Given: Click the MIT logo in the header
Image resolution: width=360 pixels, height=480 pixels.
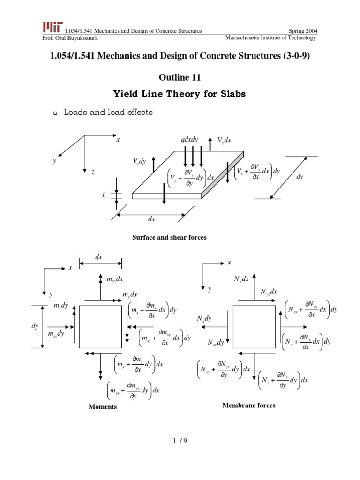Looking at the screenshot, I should (52, 27).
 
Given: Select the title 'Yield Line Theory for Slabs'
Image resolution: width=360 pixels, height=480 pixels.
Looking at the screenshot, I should (180, 94).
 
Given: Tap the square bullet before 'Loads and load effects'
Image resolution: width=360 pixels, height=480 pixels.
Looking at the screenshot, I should (55, 113).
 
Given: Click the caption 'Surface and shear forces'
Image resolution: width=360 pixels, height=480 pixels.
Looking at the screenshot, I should (170, 238).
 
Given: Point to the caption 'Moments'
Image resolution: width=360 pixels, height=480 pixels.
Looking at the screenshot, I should (103, 407).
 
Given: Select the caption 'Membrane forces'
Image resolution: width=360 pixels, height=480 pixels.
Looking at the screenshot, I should (249, 405).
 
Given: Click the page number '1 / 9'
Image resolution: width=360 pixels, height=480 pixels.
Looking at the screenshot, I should (180, 441).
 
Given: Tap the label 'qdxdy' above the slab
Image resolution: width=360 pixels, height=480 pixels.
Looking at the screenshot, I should (189, 140).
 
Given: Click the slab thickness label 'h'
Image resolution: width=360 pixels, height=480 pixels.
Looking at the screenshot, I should (104, 195).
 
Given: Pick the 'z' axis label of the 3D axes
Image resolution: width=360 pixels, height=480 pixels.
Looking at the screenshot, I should (93, 172).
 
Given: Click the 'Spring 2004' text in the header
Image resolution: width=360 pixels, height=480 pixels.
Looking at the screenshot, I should (302, 31).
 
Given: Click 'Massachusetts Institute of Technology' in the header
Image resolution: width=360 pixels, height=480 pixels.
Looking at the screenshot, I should (270, 37).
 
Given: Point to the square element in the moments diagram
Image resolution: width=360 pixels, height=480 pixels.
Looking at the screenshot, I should (100, 327).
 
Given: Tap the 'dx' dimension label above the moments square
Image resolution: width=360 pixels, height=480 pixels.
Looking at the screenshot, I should (99, 257).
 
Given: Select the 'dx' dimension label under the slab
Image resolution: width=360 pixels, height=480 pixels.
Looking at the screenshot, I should (151, 219).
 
